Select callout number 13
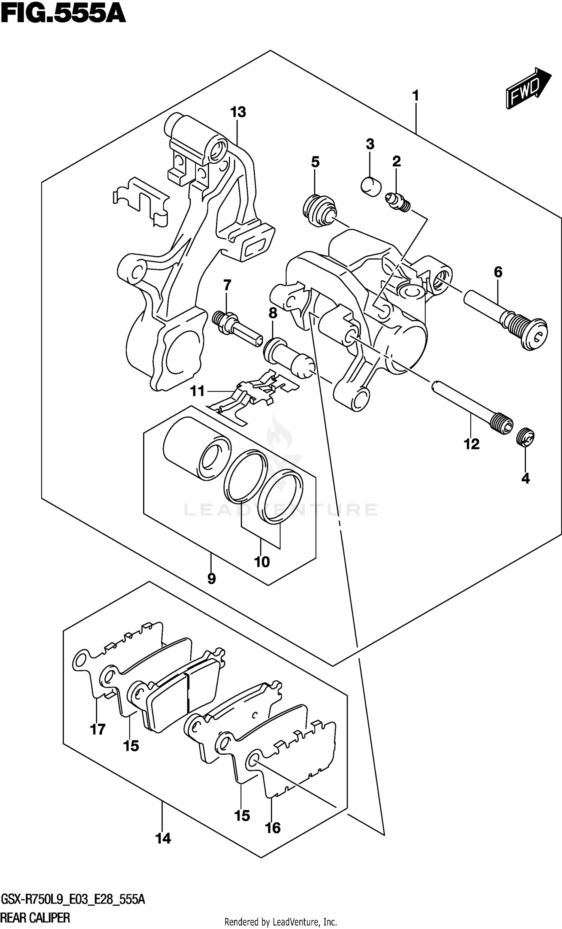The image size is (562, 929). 238,112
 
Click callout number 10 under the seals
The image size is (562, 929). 262,562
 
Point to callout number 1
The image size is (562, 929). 416,96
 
